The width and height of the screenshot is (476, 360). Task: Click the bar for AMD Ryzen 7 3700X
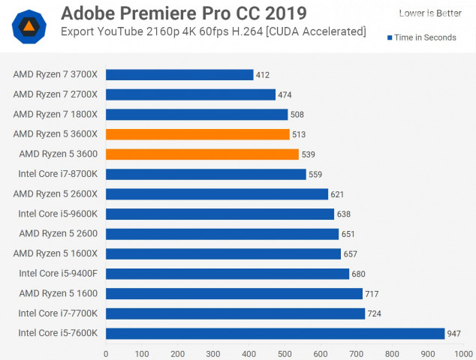coord(179,75)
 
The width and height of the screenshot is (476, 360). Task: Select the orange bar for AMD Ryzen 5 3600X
coord(197,134)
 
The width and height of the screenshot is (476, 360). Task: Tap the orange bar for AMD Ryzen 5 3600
coord(202,154)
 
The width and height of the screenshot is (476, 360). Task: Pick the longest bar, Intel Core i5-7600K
coord(275,333)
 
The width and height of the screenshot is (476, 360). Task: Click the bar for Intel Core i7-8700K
coord(206,174)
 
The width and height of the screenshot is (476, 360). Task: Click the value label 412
coord(262,75)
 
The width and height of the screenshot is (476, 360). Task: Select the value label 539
coord(308,154)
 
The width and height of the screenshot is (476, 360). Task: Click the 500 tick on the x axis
coord(285,352)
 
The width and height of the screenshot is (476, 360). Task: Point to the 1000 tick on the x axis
coord(460,352)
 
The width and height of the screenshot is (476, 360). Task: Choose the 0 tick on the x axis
coord(106,352)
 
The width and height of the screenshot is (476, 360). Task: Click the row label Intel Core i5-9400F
coord(59,274)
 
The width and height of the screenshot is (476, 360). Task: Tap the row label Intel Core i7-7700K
coord(59,313)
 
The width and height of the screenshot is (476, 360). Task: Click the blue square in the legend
coord(390,37)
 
